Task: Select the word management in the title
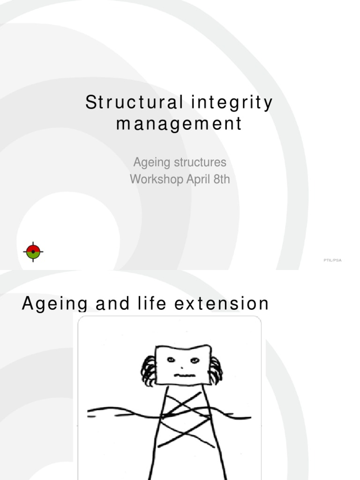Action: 179,124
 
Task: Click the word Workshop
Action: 156,179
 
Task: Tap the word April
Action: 197,180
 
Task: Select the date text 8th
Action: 221,179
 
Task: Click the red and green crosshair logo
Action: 33,252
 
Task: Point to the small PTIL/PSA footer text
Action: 332,260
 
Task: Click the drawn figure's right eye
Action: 195,360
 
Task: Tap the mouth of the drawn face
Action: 184,375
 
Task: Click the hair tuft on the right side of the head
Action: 216,368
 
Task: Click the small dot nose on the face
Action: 182,367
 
